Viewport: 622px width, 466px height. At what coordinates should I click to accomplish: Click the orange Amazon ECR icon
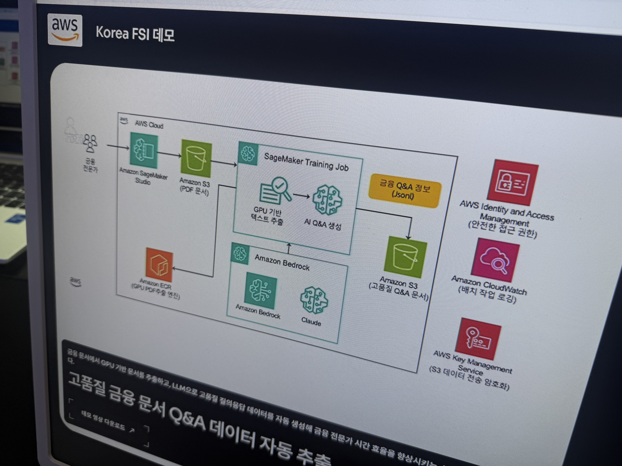159,265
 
